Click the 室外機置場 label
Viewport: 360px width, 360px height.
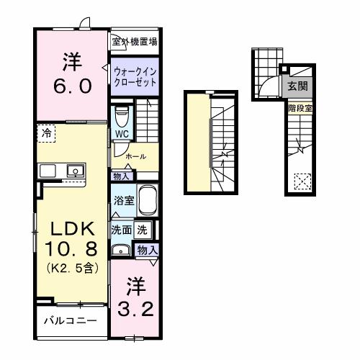tap(134, 42)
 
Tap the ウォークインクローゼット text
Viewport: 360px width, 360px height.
tap(135, 76)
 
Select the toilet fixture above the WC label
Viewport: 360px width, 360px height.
tap(122, 114)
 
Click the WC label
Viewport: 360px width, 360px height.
tap(121, 133)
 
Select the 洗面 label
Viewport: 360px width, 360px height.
tap(120, 230)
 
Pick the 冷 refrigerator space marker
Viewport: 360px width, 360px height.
tap(46, 134)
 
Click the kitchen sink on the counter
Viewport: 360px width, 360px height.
tap(73, 171)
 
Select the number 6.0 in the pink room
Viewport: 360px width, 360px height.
tap(71, 86)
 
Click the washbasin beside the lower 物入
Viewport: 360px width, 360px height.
tap(120, 251)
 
